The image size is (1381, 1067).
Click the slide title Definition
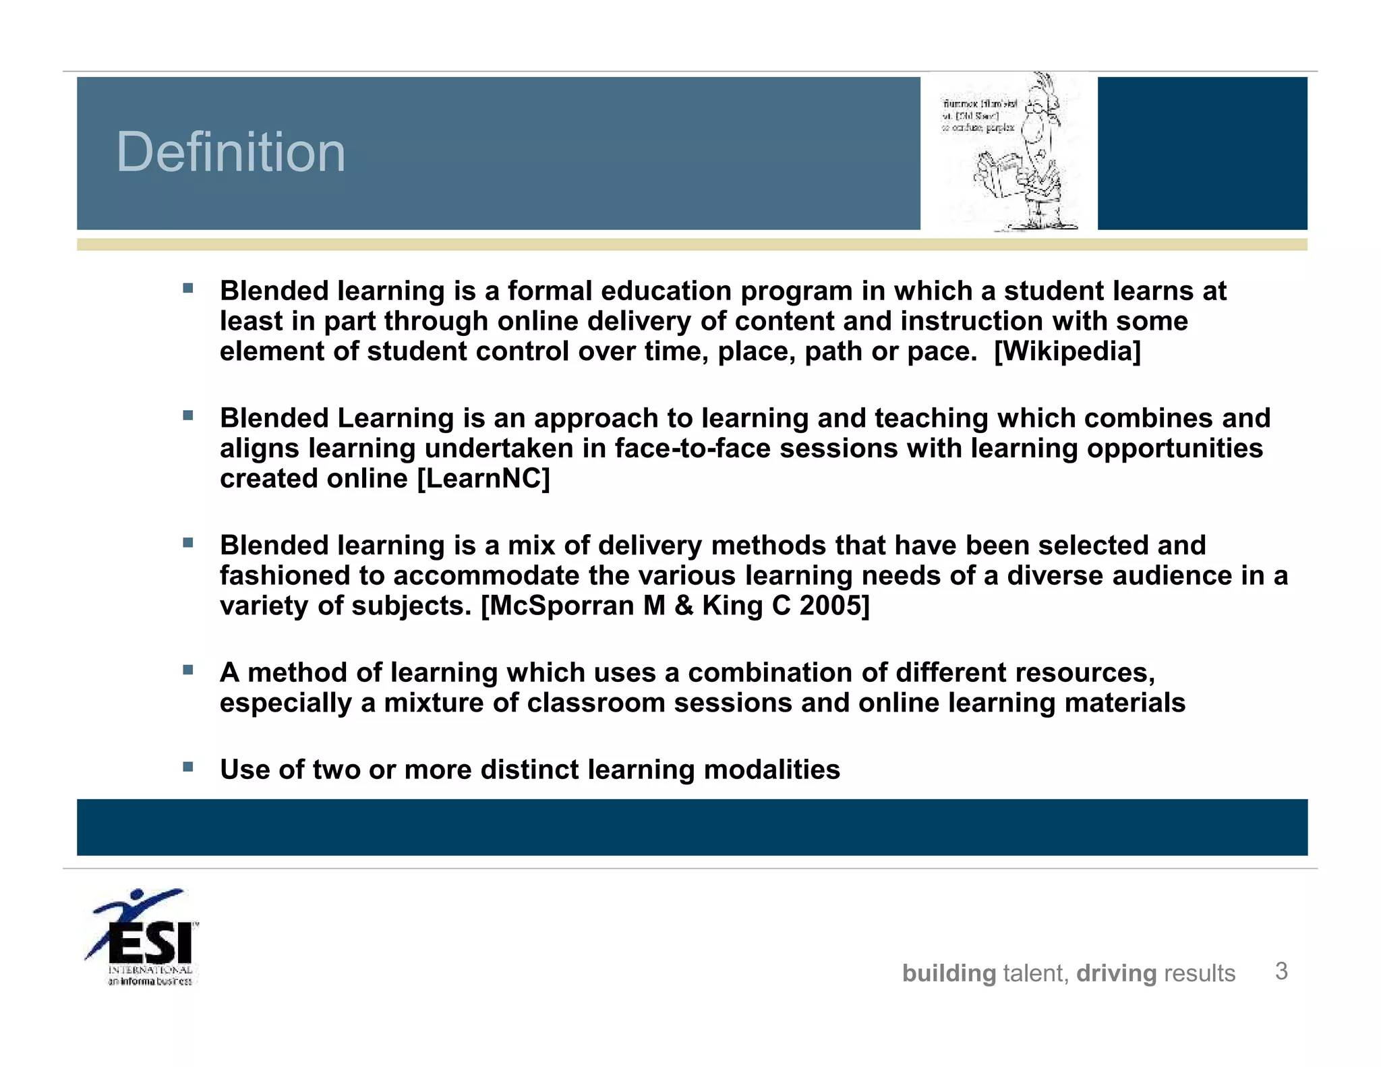[231, 152]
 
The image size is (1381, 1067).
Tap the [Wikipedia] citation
[1067, 351]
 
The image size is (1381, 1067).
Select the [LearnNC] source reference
[483, 479]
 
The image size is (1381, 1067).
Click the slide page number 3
[1281, 971]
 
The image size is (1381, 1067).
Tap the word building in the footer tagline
[949, 973]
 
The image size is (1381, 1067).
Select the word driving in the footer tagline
[1116, 973]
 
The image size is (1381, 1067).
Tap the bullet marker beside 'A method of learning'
[188, 670]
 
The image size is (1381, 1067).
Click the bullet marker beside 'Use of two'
[188, 767]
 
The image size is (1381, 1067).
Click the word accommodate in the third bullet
[486, 576]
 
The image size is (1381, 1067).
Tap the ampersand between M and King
[684, 606]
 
